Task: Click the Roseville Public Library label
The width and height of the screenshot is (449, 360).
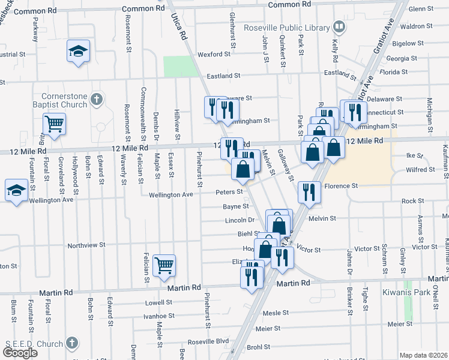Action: click(x=286, y=28)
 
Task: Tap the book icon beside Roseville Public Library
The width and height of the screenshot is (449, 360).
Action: click(x=339, y=27)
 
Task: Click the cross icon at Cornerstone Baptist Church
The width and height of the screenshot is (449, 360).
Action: click(x=97, y=99)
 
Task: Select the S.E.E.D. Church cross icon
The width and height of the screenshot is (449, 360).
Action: click(x=71, y=343)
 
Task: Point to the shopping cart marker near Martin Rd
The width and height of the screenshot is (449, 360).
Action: click(x=164, y=264)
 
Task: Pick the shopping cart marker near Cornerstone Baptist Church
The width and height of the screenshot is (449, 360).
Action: click(x=54, y=124)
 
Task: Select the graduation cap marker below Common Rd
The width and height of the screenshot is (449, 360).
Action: click(x=78, y=51)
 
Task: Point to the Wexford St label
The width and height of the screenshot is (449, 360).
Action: click(x=214, y=54)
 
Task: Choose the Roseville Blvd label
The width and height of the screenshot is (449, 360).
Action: click(x=209, y=341)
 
